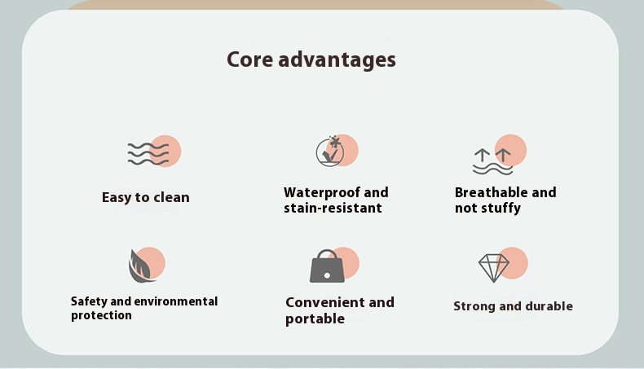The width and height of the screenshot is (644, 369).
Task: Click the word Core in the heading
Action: [249, 59]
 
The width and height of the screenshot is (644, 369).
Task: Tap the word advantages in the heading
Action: [337, 60]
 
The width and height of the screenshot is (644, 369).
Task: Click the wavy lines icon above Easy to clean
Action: [148, 154]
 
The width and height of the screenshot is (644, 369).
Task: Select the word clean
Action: [172, 197]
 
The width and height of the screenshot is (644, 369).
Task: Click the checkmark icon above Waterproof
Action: [330, 152]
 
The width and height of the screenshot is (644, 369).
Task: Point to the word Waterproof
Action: [320, 192]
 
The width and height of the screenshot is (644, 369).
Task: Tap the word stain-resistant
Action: [333, 208]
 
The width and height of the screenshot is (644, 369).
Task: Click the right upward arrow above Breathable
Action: [503, 155]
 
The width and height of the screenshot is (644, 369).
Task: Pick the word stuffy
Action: [501, 208]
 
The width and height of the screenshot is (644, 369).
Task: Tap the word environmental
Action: [176, 301]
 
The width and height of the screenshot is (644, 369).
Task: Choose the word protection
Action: [101, 315]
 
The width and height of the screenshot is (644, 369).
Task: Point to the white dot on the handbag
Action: [327, 275]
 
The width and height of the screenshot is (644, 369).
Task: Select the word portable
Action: [315, 319]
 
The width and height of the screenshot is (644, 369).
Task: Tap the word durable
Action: [549, 306]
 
